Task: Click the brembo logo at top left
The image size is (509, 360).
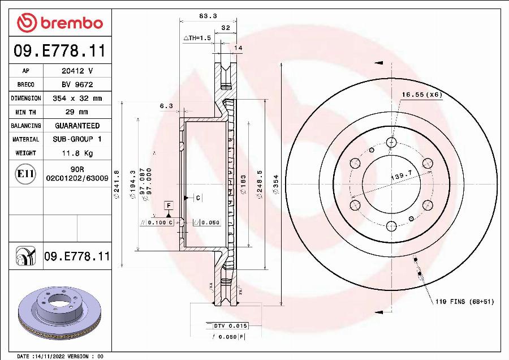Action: (x=60, y=23)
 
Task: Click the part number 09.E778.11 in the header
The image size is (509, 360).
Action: (x=59, y=52)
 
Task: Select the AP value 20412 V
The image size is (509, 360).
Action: (x=77, y=71)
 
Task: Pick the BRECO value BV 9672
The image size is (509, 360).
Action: (x=77, y=84)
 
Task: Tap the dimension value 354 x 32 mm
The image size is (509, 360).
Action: (x=77, y=98)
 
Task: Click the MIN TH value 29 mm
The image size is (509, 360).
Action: (x=77, y=112)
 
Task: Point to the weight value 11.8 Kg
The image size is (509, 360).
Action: (x=77, y=153)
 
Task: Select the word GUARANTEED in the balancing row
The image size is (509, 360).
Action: (x=77, y=126)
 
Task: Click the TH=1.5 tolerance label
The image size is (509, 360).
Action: (x=197, y=37)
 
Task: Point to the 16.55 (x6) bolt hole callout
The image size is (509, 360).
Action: (x=421, y=94)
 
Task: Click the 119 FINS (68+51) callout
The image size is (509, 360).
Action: (x=464, y=302)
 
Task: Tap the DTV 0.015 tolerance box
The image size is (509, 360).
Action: (x=230, y=326)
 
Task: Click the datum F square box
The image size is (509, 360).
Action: (x=169, y=205)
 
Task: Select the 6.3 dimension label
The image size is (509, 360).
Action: (x=166, y=105)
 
